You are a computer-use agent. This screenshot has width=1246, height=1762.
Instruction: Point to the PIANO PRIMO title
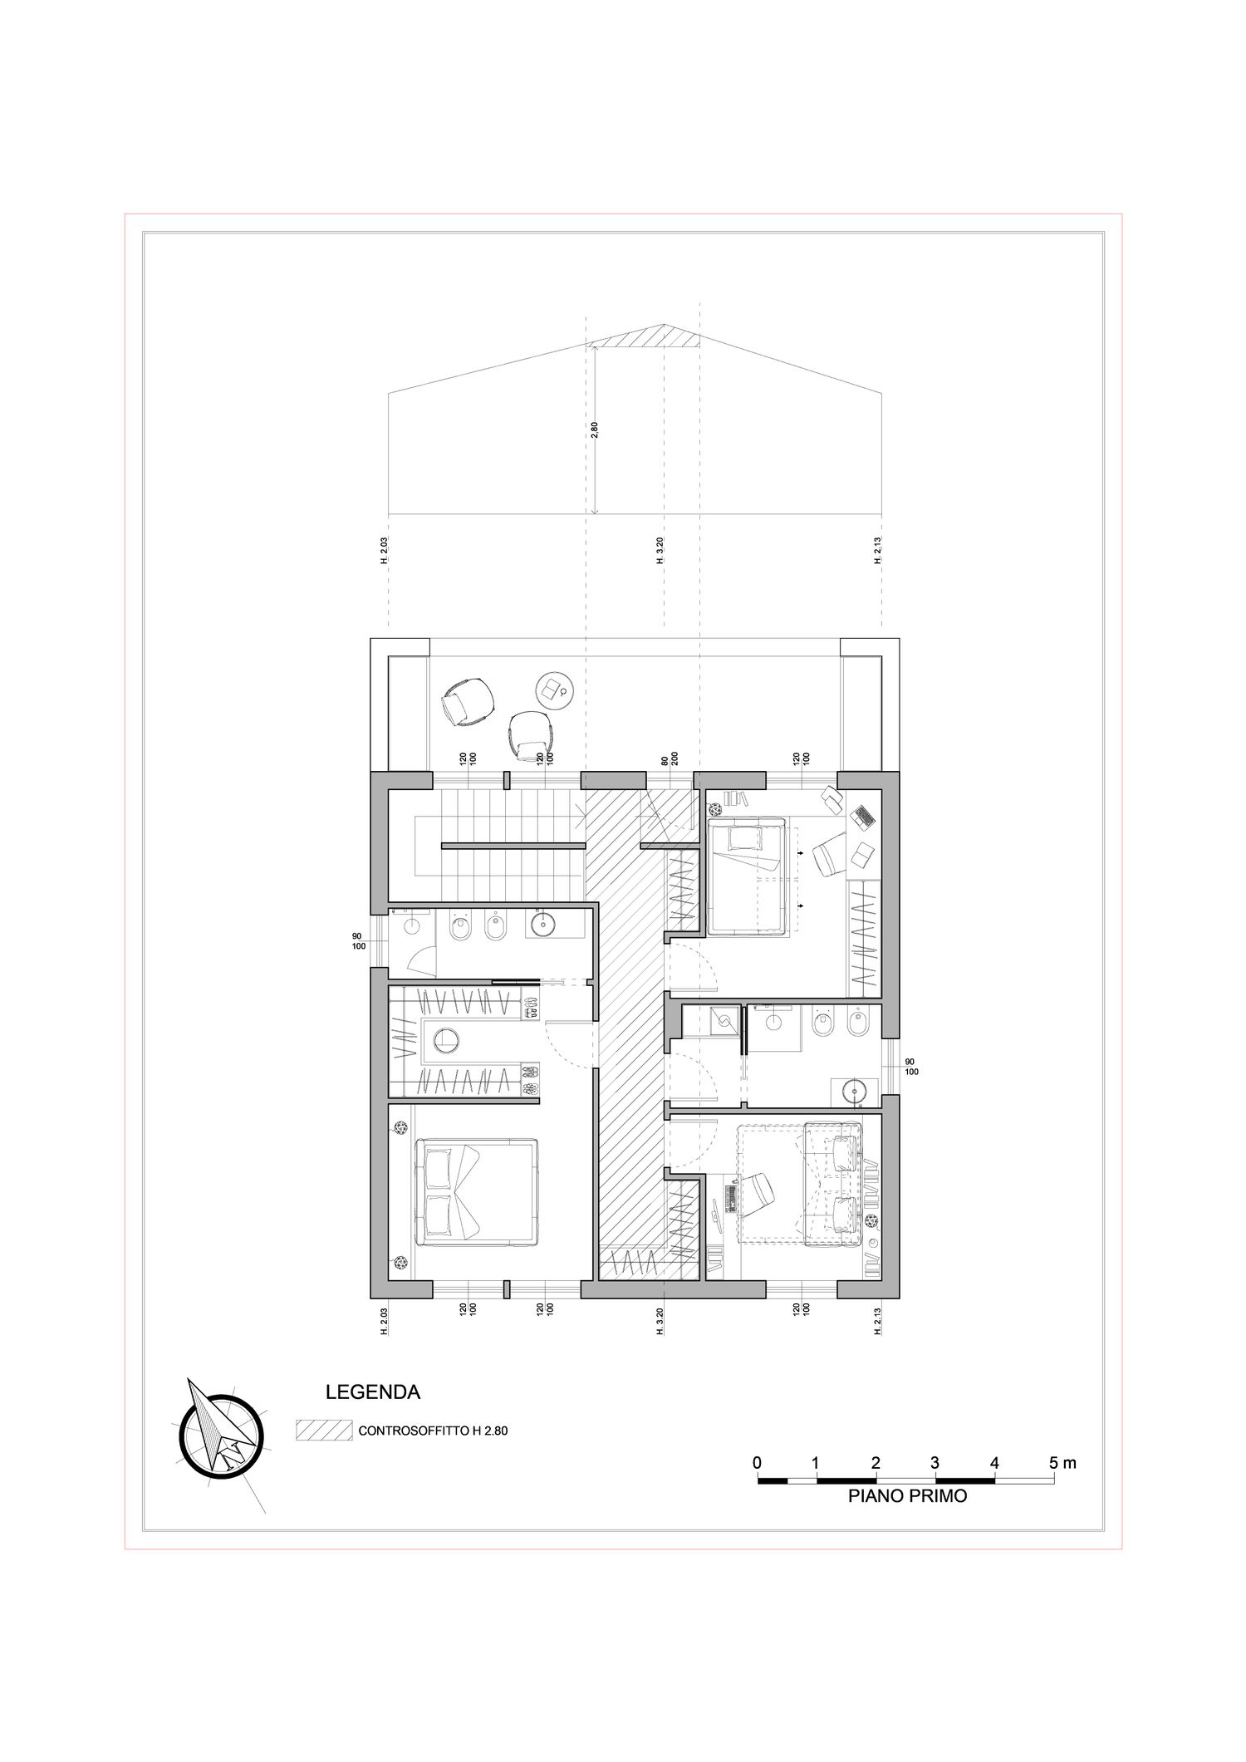coord(907,1497)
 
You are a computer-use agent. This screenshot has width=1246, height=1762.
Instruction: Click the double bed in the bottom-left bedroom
coord(475,1193)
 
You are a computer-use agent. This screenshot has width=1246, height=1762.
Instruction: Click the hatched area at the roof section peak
coord(645,336)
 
